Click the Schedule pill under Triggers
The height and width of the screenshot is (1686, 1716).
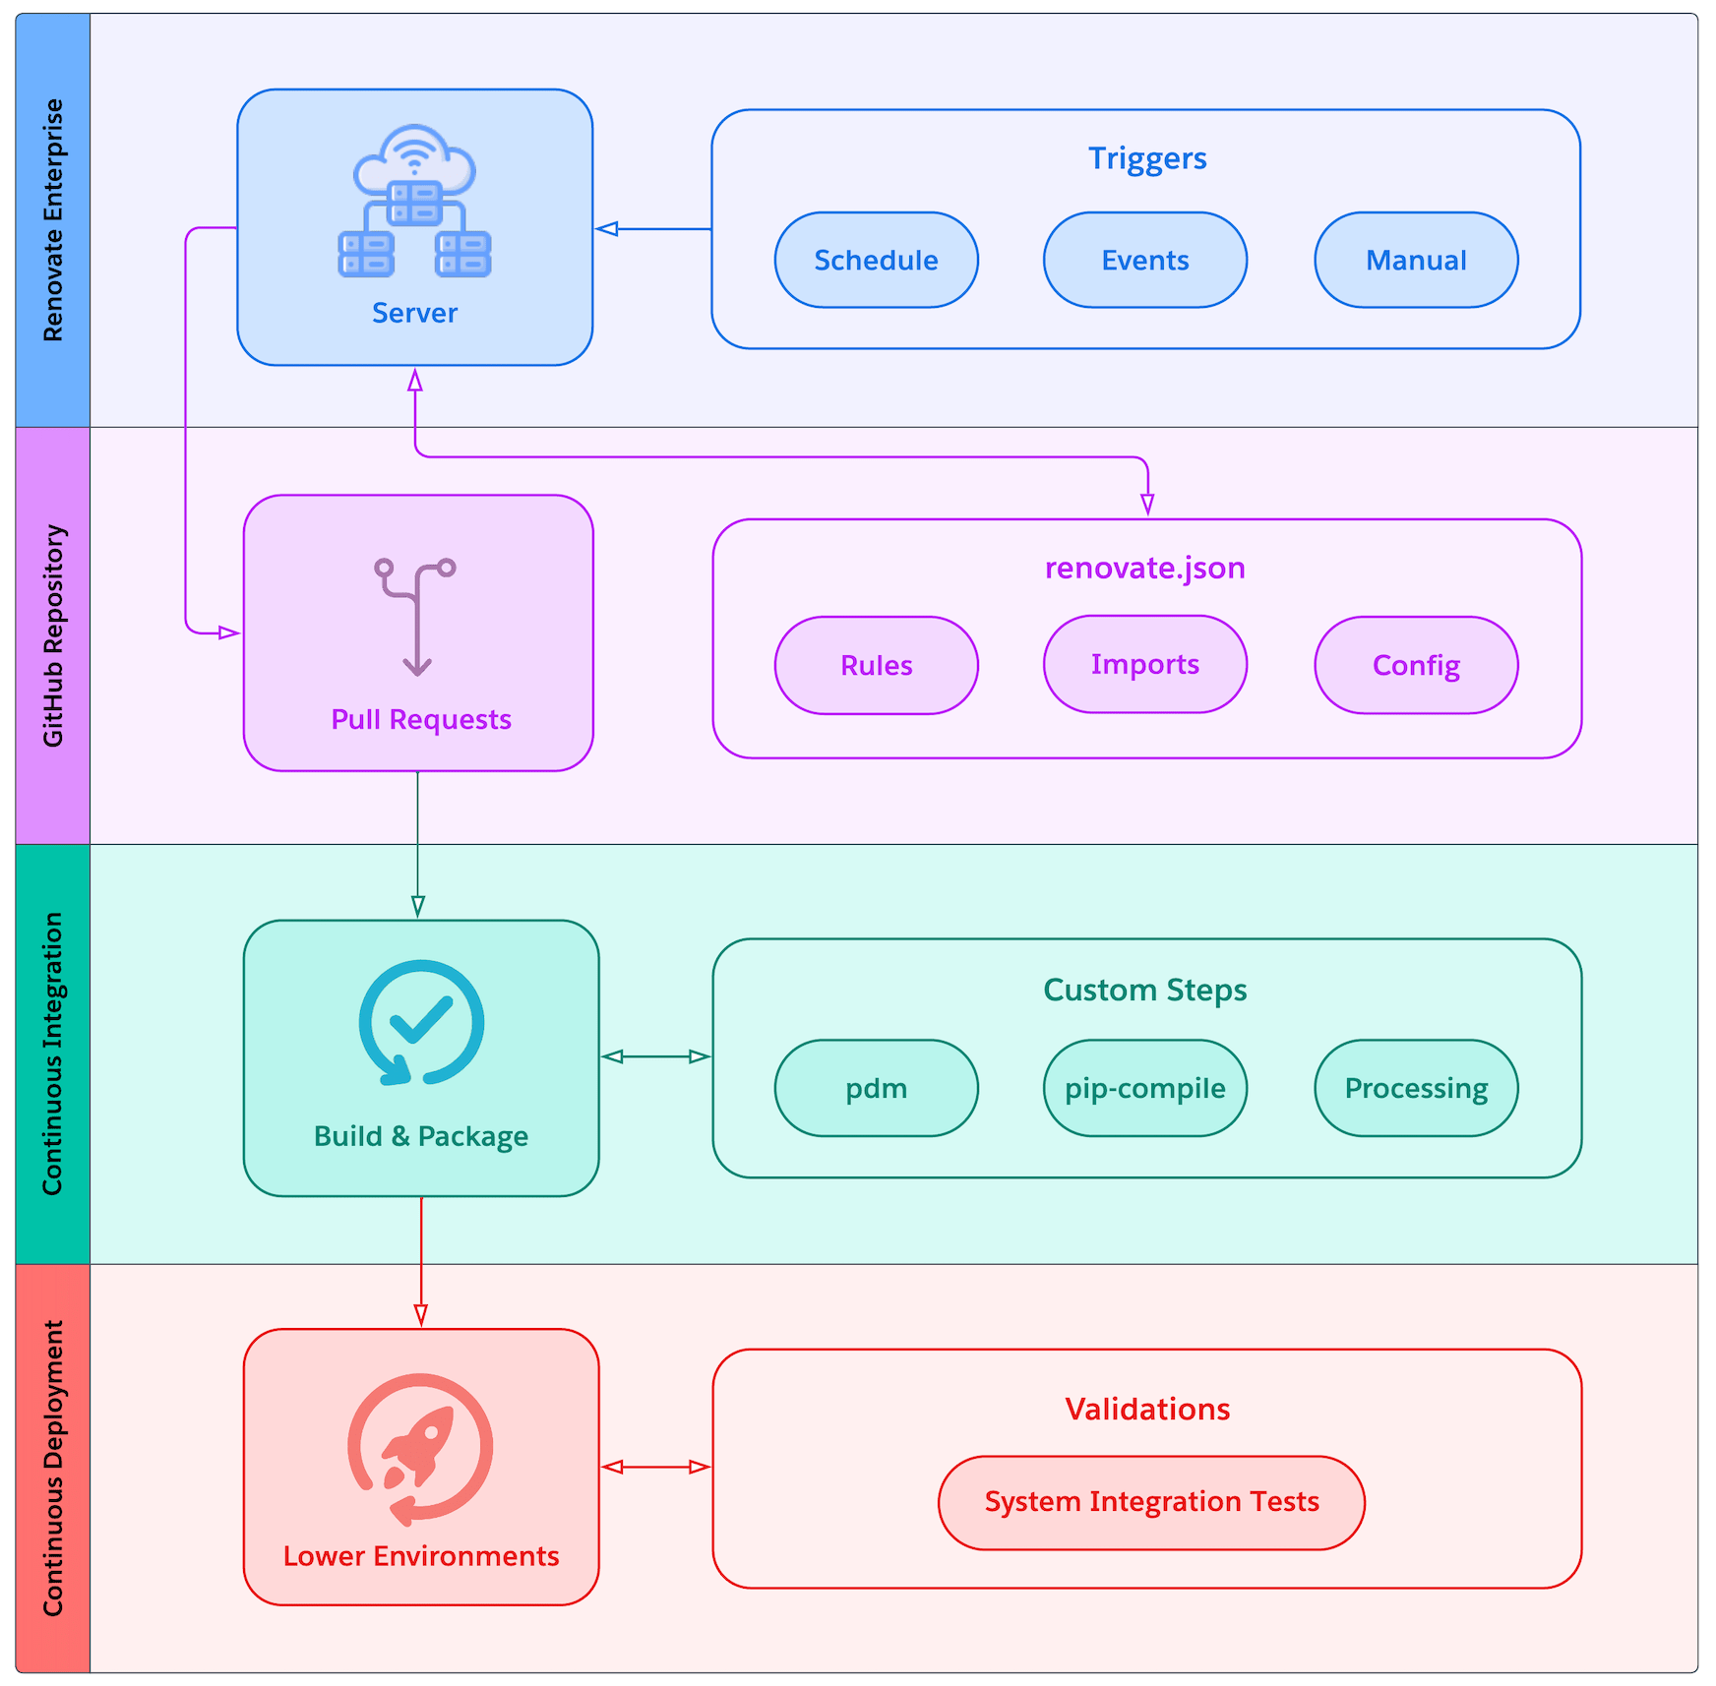[876, 261]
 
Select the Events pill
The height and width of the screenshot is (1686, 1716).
[1144, 261]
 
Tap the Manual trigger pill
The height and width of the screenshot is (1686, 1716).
[1416, 261]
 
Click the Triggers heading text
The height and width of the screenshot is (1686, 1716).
[1146, 158]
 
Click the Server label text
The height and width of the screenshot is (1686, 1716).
[414, 313]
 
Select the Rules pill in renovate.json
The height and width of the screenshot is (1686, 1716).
[876, 666]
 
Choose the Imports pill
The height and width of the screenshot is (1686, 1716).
[1144, 665]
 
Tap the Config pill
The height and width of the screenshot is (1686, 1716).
[1416, 666]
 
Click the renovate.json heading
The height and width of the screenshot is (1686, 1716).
[1144, 569]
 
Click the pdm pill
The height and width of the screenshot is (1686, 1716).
[876, 1089]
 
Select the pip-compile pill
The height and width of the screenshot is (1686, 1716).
[1144, 1089]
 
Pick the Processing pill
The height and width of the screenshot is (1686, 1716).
[1416, 1089]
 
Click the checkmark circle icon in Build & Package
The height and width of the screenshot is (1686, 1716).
[421, 1023]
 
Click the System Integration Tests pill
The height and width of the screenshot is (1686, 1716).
[1151, 1502]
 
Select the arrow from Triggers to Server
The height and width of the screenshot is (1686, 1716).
[653, 229]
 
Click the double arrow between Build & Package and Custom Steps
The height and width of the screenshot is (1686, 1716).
[655, 1056]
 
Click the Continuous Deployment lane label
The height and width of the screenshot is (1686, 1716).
[53, 1468]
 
